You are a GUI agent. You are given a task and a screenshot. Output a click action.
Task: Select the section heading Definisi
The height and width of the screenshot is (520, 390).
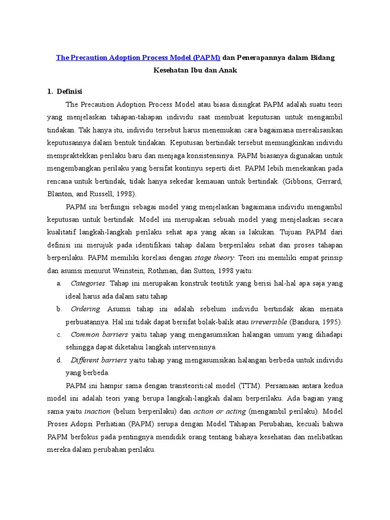click(x=69, y=91)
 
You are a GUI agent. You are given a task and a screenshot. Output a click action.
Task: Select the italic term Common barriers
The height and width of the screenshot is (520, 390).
click(x=100, y=334)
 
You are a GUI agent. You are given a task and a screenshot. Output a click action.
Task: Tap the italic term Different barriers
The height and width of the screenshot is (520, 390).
click(x=99, y=360)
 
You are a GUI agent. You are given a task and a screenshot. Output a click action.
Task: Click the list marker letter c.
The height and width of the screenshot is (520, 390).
click(x=59, y=334)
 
